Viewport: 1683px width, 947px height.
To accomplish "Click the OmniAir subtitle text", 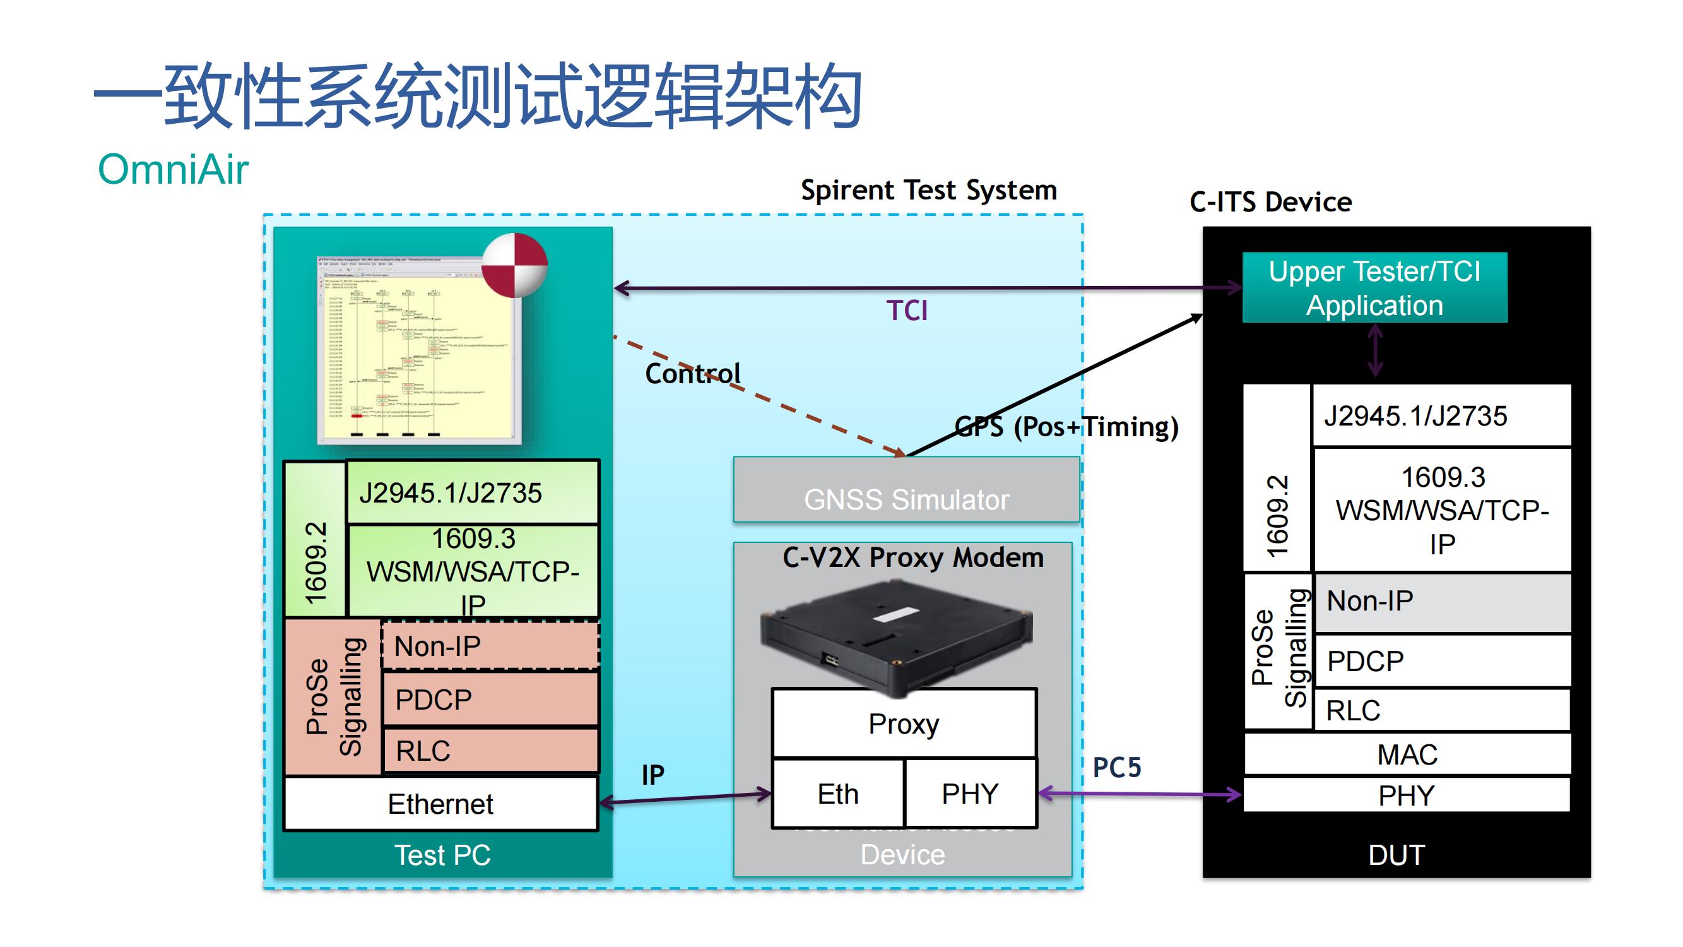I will [x=173, y=169].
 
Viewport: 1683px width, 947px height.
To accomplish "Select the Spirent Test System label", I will [x=928, y=190].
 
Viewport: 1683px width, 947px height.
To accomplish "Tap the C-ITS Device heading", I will [x=1271, y=202].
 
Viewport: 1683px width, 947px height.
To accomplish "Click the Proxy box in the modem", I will [x=904, y=724].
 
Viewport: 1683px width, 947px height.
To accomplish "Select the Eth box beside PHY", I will [x=838, y=794].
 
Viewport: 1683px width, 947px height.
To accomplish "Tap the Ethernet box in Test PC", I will [x=441, y=804].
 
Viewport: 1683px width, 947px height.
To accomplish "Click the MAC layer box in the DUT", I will [x=1407, y=754].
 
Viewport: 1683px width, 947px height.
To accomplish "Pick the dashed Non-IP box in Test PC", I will [x=490, y=646].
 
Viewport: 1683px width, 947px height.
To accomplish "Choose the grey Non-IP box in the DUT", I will [x=1442, y=601].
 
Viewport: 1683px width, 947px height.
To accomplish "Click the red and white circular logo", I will [x=514, y=265].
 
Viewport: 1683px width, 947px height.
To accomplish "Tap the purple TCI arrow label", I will [x=907, y=311].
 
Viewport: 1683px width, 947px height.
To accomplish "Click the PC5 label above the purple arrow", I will [x=1117, y=767].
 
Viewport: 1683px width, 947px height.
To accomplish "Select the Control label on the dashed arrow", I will [x=692, y=373].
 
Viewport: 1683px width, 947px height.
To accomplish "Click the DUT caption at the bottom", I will [x=1396, y=855].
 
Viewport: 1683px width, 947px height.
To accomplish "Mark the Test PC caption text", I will [x=442, y=855].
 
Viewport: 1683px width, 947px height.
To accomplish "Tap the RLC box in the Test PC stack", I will [x=490, y=751].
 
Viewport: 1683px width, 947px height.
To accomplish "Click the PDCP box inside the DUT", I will [x=1442, y=661].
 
